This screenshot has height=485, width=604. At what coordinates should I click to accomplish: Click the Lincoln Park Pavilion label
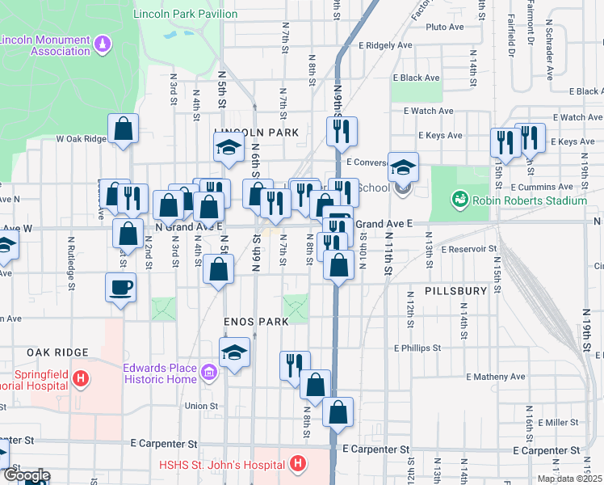[x=185, y=14]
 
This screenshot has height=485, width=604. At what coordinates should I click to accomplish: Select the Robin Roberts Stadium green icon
[x=459, y=198]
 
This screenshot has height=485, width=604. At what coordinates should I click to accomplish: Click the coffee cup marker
[x=121, y=287]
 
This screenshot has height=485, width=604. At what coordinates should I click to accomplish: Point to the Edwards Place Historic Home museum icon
[x=209, y=373]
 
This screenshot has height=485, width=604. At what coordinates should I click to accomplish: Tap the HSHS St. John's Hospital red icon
[x=298, y=464]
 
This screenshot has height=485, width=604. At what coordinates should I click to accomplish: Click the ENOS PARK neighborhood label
[x=257, y=322]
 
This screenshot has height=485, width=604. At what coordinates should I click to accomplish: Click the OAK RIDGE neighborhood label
[x=57, y=352]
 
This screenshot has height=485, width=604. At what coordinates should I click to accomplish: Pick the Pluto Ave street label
[x=444, y=27]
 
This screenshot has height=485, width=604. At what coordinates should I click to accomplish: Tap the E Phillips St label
[x=417, y=348]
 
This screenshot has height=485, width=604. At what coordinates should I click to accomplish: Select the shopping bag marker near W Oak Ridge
[x=124, y=129]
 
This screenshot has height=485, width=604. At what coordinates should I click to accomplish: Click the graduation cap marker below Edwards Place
[x=235, y=353]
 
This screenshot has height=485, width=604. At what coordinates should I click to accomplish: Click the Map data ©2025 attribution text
[x=569, y=479]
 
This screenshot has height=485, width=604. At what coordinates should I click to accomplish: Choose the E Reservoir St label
[x=468, y=249]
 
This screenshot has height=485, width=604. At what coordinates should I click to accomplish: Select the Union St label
[x=201, y=406]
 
